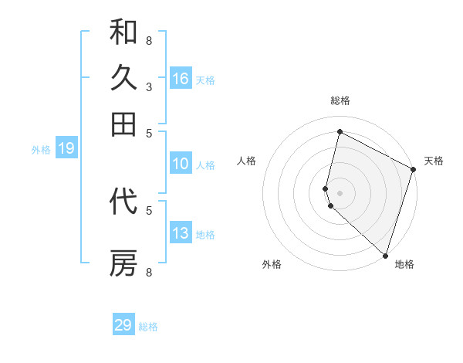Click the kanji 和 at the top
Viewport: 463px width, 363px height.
(x=123, y=32)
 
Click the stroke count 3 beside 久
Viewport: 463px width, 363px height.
(x=149, y=87)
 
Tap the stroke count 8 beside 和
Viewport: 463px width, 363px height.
(x=149, y=40)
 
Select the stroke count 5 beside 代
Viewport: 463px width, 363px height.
(x=149, y=209)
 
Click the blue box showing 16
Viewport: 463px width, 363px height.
(x=181, y=79)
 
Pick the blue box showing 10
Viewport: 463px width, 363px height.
(x=181, y=164)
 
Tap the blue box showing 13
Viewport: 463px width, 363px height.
(x=181, y=233)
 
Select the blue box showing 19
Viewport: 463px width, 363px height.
(x=66, y=149)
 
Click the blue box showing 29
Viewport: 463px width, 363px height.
(x=123, y=325)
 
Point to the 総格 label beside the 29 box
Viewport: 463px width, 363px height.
(x=148, y=327)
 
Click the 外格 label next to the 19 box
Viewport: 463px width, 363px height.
(x=41, y=150)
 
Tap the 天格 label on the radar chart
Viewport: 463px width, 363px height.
(x=434, y=161)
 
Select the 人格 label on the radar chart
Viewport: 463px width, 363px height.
(x=246, y=161)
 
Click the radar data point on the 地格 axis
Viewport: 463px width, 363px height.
(x=385, y=255)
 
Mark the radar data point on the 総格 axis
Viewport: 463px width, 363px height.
(x=340, y=131)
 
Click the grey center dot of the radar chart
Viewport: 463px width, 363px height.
(x=340, y=192)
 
